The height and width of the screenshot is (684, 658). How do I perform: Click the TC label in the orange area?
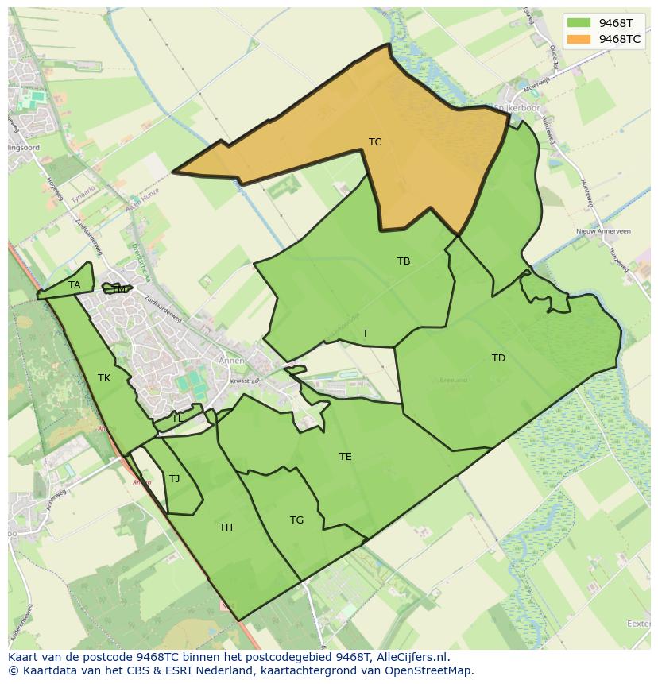pyautogui.click(x=375, y=142)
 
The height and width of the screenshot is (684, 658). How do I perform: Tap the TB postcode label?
pyautogui.click(x=404, y=261)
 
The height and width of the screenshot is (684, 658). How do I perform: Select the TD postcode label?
pyautogui.click(x=498, y=358)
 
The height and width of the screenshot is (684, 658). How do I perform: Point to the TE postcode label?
pyautogui.click(x=346, y=457)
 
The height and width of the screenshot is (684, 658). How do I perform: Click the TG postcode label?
pyautogui.click(x=296, y=520)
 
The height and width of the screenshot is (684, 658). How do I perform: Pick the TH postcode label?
pyautogui.click(x=226, y=527)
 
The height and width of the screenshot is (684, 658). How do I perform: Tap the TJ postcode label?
pyautogui.click(x=175, y=478)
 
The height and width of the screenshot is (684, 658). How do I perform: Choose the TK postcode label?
pyautogui.click(x=104, y=378)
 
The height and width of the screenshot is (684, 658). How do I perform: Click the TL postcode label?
pyautogui.click(x=176, y=418)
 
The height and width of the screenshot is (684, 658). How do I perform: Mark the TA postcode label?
pyautogui.click(x=75, y=284)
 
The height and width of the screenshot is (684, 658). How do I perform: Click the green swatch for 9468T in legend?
pyautogui.click(x=578, y=23)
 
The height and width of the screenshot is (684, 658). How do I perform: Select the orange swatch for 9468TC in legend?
pyautogui.click(x=578, y=39)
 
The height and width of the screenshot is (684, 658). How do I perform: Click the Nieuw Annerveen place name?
pyautogui.click(x=603, y=231)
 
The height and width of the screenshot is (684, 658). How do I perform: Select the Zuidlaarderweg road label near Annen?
pyautogui.click(x=164, y=312)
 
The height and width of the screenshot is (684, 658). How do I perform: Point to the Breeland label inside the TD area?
pyautogui.click(x=453, y=380)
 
